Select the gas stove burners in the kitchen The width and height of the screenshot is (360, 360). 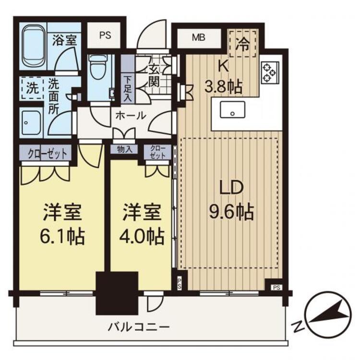click(x=270, y=73)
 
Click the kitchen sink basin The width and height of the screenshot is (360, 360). click(x=232, y=110)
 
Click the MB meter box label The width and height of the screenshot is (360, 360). click(x=199, y=37)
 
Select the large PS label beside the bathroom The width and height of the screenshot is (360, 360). click(x=106, y=36)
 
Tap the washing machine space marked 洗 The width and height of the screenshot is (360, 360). click(x=32, y=88)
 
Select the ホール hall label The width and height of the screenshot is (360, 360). click(x=131, y=116)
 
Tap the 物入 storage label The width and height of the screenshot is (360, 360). click(x=124, y=149)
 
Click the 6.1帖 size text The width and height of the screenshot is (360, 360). click(x=62, y=236)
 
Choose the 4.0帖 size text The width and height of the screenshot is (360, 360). click(x=142, y=236)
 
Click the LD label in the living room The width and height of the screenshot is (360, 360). click(x=231, y=188)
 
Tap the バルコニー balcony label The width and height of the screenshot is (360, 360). click(x=139, y=327)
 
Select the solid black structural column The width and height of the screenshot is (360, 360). click(x=117, y=293)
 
